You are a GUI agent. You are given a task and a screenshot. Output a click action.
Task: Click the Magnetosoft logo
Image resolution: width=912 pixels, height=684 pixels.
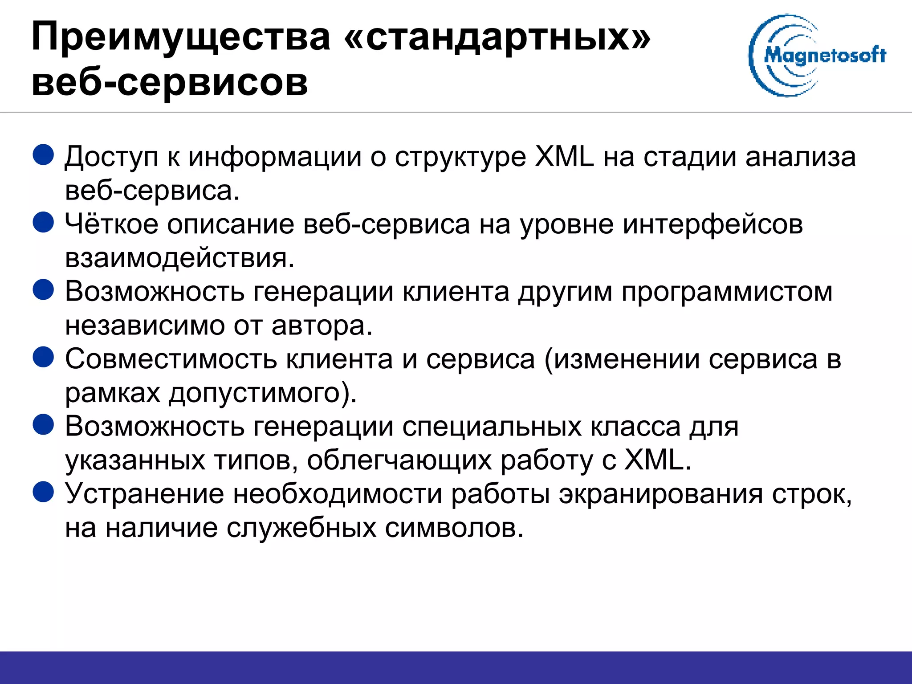pos(817,55)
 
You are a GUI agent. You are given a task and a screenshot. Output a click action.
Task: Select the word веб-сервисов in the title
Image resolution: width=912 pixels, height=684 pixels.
pos(170,82)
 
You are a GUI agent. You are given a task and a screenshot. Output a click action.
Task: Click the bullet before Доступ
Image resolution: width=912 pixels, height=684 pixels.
pos(44,155)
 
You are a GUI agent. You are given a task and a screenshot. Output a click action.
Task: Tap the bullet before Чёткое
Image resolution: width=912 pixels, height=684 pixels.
pos(44,222)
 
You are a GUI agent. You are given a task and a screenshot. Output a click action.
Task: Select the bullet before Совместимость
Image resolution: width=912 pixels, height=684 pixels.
pos(44,357)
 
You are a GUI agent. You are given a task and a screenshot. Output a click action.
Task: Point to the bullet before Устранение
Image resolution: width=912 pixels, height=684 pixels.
pos(44,492)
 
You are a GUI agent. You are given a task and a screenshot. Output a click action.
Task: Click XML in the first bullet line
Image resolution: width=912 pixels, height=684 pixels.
pos(564,157)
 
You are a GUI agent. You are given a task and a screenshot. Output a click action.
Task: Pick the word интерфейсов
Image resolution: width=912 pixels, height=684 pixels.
pos(712,224)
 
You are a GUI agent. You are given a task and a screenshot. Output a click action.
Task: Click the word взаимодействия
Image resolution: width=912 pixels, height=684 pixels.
pos(179,258)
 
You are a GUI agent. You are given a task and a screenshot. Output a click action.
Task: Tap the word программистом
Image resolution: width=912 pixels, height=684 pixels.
pos(727,292)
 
